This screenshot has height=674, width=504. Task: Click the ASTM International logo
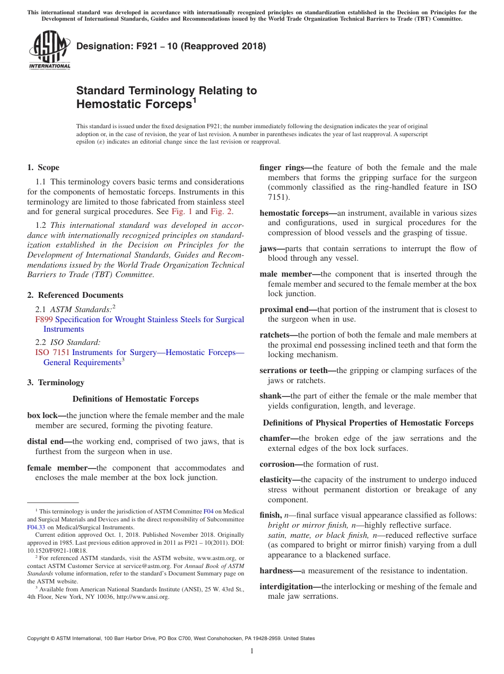[x=49, y=50]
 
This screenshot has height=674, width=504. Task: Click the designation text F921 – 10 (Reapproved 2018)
[x=171, y=46]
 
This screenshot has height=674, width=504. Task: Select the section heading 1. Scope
[x=44, y=167]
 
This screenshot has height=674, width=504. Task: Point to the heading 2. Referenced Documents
[x=75, y=295]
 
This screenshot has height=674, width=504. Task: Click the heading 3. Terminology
[x=56, y=383]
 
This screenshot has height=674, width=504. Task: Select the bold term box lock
[x=43, y=415]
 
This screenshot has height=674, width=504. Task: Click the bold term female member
[x=57, y=468]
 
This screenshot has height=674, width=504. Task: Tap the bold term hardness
[x=277, y=571]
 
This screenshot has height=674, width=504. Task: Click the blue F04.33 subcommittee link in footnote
[x=34, y=527]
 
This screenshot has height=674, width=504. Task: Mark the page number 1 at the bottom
[x=252, y=651]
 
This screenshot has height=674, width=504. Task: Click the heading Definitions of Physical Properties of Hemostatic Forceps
[x=368, y=423]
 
